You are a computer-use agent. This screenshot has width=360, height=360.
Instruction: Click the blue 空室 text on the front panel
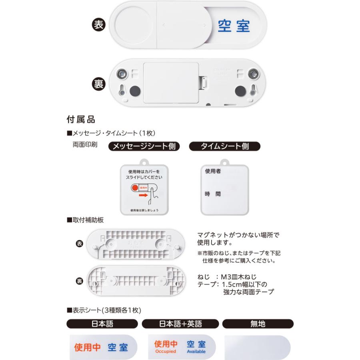pyautogui.click(x=234, y=26)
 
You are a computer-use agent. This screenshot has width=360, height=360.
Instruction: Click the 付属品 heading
pyautogui.click(x=80, y=119)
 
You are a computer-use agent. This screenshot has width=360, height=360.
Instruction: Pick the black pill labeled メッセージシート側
pyautogui.click(x=144, y=146)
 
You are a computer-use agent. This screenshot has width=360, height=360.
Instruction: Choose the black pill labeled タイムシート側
pyautogui.click(x=224, y=146)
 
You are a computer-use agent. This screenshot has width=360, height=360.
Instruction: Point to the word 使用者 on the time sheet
pyautogui.click(x=213, y=171)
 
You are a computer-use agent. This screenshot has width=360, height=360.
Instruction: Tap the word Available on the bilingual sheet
pyautogui.click(x=196, y=352)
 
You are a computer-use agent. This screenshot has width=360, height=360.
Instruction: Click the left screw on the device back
pyautogui.click(x=121, y=74)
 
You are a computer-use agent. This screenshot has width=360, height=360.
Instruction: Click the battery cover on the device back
pyautogui.click(x=171, y=83)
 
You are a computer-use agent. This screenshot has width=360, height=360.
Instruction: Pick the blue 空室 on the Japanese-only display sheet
pyautogui.click(x=118, y=347)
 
